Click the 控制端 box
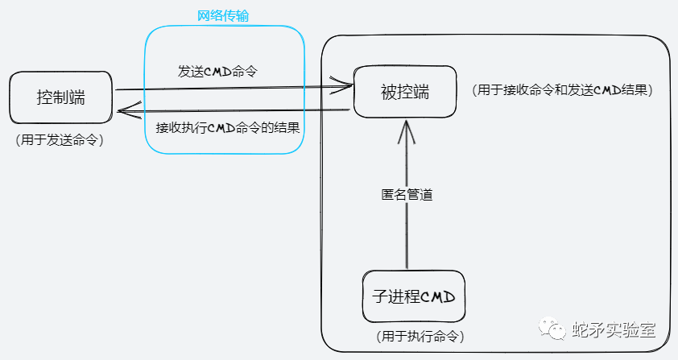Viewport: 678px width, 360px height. point(60,98)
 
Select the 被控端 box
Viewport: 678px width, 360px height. point(404,91)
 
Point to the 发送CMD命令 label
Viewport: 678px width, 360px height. point(222,71)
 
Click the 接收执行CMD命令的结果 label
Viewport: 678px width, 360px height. point(228,128)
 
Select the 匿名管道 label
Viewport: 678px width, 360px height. point(407,195)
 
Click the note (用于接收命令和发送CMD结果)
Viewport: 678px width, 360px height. point(563,89)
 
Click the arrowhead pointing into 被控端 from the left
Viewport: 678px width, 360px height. point(348,83)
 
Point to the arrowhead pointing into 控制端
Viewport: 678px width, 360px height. point(122,112)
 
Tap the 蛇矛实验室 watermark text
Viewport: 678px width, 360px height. point(613,330)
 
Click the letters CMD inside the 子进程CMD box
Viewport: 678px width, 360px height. point(439,296)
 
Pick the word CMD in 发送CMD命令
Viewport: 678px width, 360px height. point(219,71)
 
